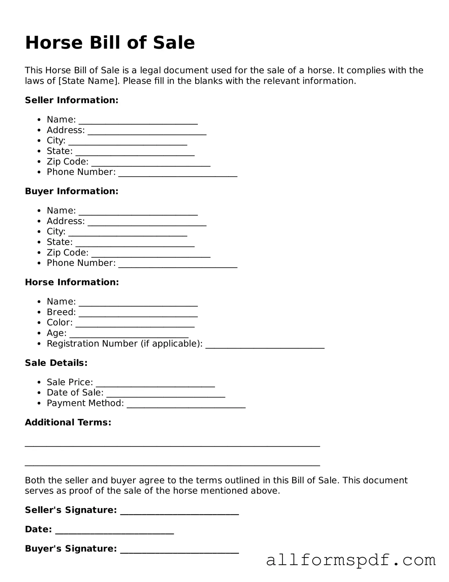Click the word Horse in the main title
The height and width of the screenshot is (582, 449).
pyautogui.click(x=54, y=43)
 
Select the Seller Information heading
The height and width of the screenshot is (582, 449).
pyautogui.click(x=72, y=100)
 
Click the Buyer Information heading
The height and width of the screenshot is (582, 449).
pyautogui.click(x=72, y=191)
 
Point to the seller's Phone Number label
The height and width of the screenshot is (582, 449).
pyautogui.click(x=81, y=172)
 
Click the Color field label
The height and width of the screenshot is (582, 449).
pyautogui.click(x=60, y=323)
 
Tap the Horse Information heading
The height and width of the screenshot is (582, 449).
pyautogui.click(x=72, y=282)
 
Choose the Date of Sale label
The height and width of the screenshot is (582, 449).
pyautogui.click(x=75, y=393)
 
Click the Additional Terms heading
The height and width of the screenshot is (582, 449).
pyautogui.click(x=68, y=422)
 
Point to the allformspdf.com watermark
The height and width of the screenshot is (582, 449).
pyautogui.click(x=351, y=560)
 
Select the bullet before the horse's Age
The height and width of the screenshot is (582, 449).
pyautogui.click(x=39, y=333)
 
